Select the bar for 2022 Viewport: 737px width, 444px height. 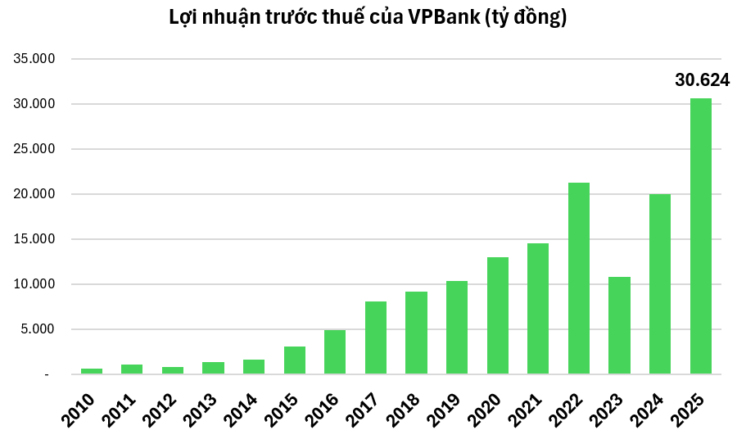coord(578,279)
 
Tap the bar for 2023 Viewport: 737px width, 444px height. coord(619,325)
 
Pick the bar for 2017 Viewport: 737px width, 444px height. coord(375,338)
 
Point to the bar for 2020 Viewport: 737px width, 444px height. coord(497,315)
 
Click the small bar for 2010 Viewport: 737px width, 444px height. coord(91,371)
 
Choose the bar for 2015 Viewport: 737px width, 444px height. coord(294,360)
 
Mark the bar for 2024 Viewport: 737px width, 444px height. coord(659,284)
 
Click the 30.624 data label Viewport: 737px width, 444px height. coord(701,80)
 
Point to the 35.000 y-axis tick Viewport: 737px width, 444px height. coord(32,59)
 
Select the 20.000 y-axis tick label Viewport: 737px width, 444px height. coord(32,194)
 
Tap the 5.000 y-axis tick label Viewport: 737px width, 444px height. coord(35,329)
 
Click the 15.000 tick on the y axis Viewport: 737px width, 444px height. coord(32,239)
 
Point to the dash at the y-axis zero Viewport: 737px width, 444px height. coord(47,375)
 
